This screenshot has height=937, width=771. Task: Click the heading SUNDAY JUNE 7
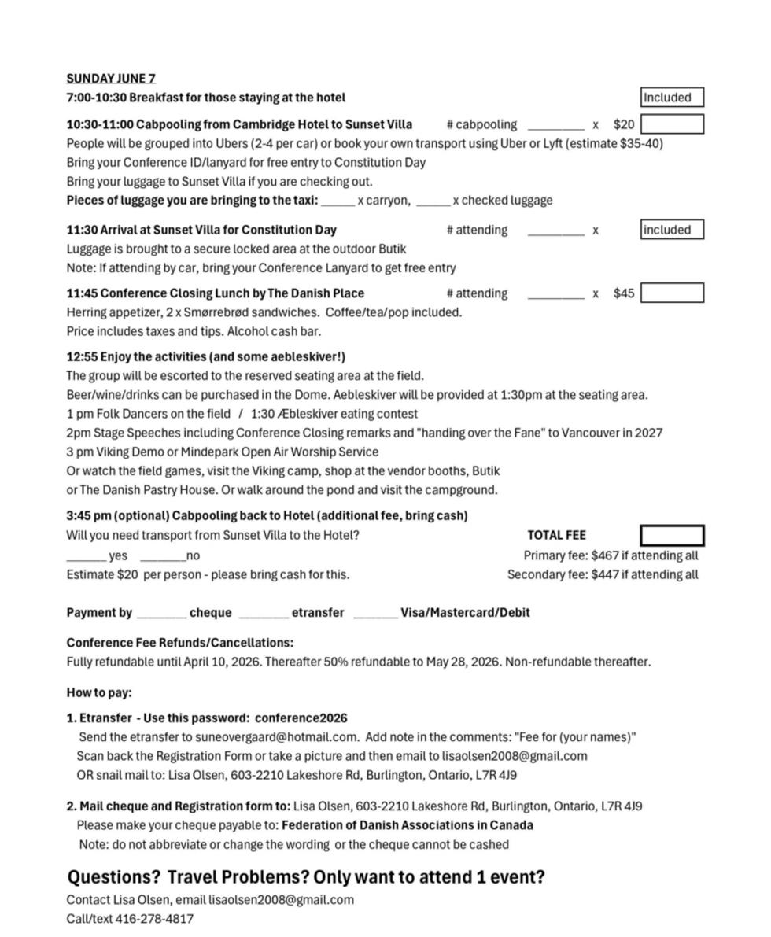[x=111, y=79]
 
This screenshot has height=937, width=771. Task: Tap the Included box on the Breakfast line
[x=671, y=98]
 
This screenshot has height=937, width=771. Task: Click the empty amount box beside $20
[x=671, y=124]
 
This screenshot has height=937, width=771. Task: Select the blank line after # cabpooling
[x=555, y=126]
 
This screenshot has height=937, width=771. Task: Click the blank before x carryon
[x=338, y=202]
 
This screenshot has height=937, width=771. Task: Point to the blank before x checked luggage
[x=433, y=202]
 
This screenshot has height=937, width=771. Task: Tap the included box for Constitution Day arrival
[x=671, y=230]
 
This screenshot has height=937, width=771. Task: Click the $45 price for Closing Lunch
[x=623, y=293]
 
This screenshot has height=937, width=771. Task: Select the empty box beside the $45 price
[x=671, y=293]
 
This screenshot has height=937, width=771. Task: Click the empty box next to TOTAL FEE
[x=671, y=536]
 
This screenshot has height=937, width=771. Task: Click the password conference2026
[x=301, y=718]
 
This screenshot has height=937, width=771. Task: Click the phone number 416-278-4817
[x=154, y=919]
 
